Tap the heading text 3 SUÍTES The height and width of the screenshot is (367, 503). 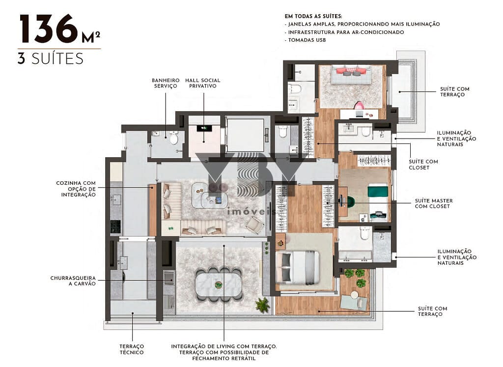(x=50, y=58)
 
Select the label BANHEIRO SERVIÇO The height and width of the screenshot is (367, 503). (x=165, y=83)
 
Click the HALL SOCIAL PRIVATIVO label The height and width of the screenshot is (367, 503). (x=203, y=83)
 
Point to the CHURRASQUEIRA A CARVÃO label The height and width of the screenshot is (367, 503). (x=73, y=281)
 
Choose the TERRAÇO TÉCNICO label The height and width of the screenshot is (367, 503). (x=132, y=349)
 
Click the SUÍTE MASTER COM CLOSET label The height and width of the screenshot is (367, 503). (x=434, y=203)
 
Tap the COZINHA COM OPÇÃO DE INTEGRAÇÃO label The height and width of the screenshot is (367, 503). (x=76, y=189)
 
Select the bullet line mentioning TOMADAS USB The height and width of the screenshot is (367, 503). (x=307, y=40)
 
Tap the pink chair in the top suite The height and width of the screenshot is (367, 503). (x=359, y=106)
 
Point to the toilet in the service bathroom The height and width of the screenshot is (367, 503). (x=173, y=139)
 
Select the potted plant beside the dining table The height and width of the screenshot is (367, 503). (x=262, y=305)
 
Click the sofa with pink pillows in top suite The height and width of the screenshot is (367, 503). (x=351, y=74)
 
